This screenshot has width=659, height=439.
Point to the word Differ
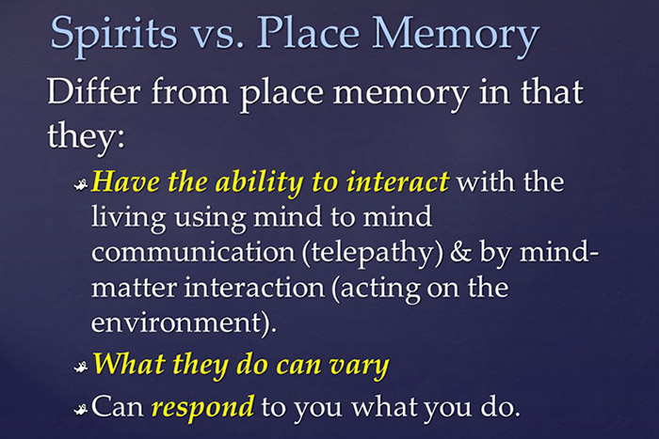click(x=95, y=94)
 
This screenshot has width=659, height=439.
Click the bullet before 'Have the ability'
click(x=81, y=183)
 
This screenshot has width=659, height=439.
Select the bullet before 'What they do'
click(x=81, y=366)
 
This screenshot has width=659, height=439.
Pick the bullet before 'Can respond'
click(x=81, y=409)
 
